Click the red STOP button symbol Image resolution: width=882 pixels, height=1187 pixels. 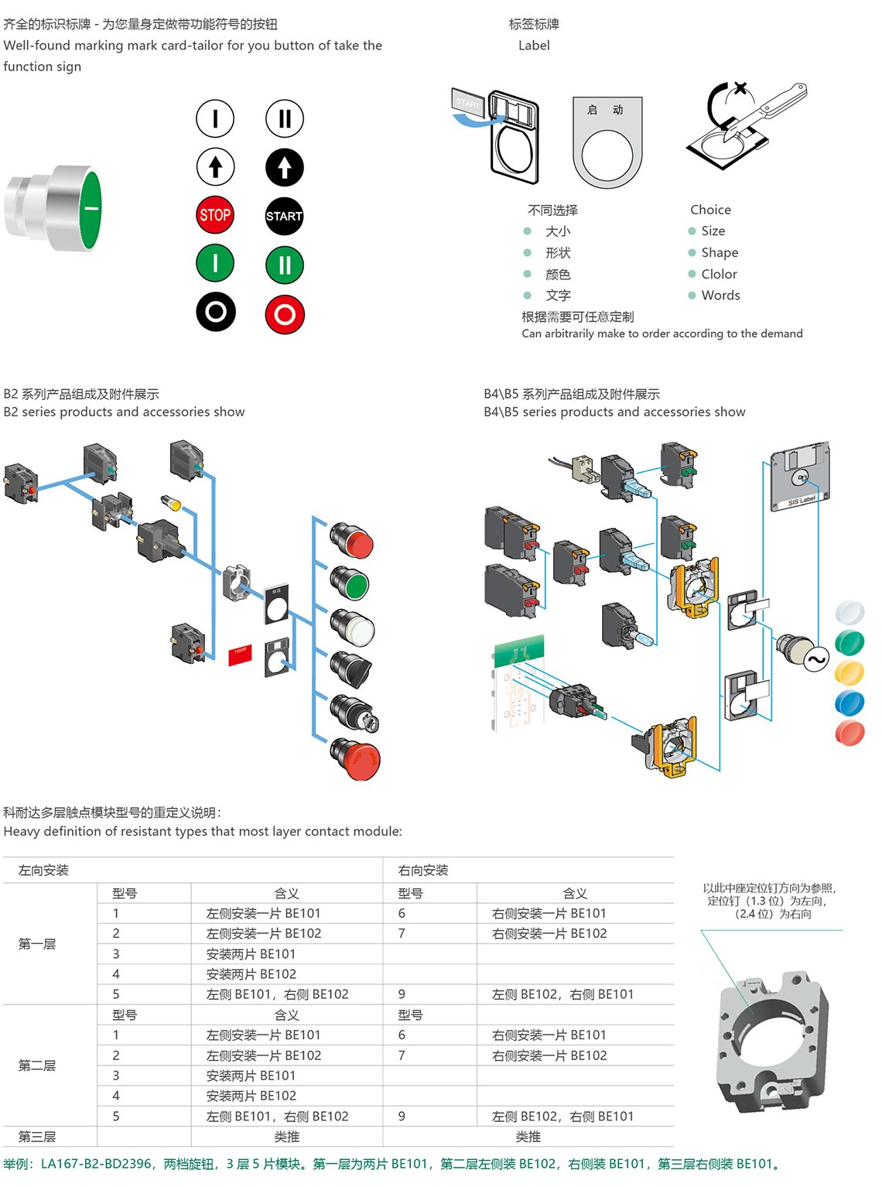click(215, 215)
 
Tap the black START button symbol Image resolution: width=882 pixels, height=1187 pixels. click(284, 216)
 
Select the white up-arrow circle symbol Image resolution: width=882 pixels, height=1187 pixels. click(215, 166)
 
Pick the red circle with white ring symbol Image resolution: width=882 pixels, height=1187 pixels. click(285, 314)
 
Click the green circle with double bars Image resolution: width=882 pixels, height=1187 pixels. click(285, 265)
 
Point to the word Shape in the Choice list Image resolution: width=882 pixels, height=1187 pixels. click(719, 252)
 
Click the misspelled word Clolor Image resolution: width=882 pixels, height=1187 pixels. click(719, 274)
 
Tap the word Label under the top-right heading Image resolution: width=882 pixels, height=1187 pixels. click(534, 46)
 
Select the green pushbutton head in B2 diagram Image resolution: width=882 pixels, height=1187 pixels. click(351, 583)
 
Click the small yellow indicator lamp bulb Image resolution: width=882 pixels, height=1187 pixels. click(171, 503)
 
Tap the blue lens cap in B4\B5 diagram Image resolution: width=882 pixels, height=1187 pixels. click(850, 703)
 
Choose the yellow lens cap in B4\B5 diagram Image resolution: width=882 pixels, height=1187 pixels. click(850, 672)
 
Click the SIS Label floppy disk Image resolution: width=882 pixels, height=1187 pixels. click(800, 476)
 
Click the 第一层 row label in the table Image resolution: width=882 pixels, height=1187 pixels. click(37, 944)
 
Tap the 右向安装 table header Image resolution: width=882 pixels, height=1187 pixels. click(423, 871)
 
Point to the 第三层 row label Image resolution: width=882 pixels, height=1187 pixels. click(37, 1137)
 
